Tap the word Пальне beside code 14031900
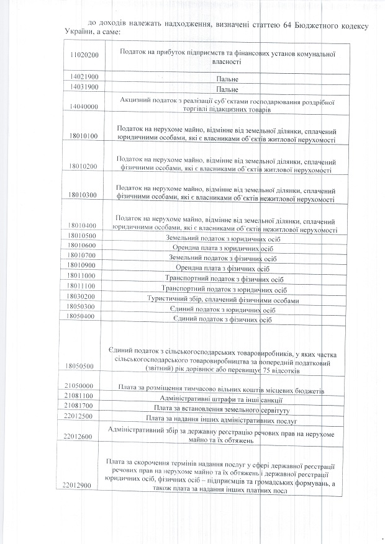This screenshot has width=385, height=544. click(228, 89)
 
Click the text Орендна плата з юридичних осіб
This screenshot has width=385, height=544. click(228, 247)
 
